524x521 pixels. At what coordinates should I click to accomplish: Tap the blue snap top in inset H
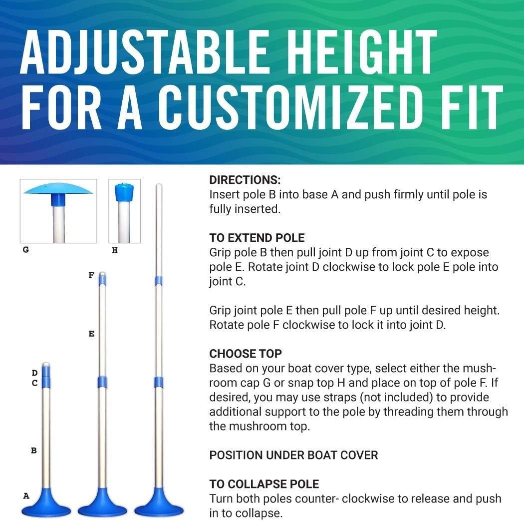123,192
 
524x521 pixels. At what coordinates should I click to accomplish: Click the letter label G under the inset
26,250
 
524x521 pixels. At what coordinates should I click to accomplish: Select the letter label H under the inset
115,250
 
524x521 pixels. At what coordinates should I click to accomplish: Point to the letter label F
91,274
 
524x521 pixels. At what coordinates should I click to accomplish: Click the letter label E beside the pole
91,334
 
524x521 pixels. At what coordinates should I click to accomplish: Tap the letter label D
34,373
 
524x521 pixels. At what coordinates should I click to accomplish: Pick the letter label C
34,383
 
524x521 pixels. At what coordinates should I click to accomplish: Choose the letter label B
34,450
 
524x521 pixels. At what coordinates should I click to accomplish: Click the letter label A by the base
26,496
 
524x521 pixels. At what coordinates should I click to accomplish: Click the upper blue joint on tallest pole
158,280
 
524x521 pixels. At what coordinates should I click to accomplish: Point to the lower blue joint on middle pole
102,382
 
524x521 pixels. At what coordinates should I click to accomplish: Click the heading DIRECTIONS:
245,180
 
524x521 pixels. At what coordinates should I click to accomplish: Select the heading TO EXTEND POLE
257,238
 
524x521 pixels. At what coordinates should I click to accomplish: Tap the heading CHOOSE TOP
246,354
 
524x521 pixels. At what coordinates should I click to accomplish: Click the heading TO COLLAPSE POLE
264,484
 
